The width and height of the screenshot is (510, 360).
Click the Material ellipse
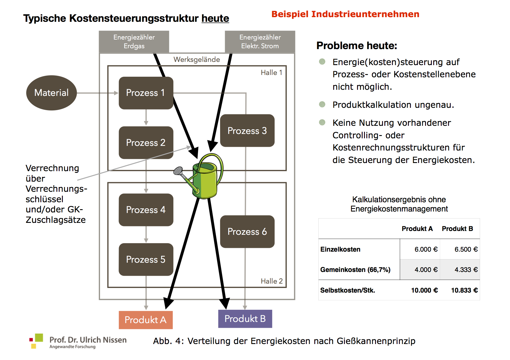click(51, 93)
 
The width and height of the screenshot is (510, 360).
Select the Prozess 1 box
click(146, 93)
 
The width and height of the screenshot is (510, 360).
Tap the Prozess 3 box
click(247, 130)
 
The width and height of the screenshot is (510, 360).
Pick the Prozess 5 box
click(146, 259)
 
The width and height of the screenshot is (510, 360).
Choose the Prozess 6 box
click(247, 231)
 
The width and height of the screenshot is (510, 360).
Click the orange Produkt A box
click(146, 320)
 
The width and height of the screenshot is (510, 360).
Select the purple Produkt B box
click(245, 319)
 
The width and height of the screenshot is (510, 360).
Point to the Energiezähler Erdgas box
click(134, 42)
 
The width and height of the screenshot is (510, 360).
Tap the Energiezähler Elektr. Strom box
click(260, 42)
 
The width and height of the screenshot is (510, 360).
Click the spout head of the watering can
click(178, 171)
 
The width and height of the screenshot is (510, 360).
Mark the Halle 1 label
click(271, 73)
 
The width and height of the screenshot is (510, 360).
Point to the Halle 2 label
click(272, 281)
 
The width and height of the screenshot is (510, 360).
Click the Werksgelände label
click(197, 60)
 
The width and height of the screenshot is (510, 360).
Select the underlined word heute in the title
click(215, 18)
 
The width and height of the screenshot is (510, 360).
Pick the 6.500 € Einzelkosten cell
click(466, 249)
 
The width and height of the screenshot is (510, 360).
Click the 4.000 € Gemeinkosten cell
click(426, 270)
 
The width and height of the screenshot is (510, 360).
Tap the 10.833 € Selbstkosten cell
click(464, 290)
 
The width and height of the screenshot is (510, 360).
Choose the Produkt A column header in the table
click(417, 229)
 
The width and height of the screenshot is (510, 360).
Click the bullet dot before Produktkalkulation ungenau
click(322, 104)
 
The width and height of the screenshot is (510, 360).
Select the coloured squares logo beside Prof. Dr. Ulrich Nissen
click(36, 341)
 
